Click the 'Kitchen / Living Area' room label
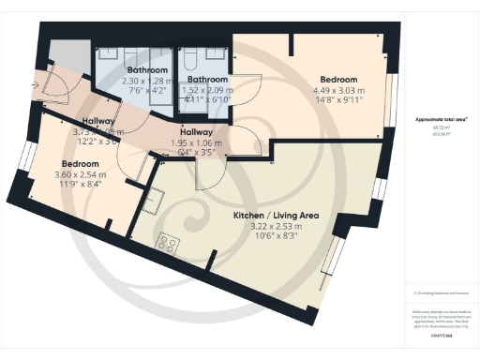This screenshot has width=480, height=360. pos(276,215)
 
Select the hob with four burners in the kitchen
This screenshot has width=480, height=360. pos(170,244)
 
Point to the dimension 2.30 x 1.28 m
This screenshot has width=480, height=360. pos(147,82)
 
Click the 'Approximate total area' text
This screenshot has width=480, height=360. pos(441,120)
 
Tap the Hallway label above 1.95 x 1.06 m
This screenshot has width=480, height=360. pos(196,132)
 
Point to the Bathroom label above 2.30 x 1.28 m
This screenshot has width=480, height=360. pos(147,70)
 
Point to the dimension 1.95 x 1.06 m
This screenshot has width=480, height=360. pos(196,142)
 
